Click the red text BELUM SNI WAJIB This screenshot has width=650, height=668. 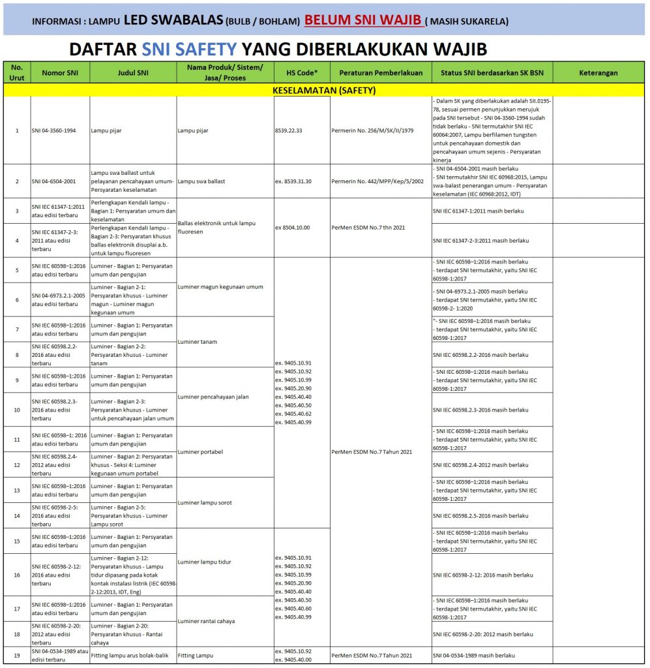click(x=362, y=20)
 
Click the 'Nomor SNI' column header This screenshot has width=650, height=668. click(x=60, y=73)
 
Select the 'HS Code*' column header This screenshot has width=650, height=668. click(x=302, y=73)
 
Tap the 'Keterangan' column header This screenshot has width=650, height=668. click(x=598, y=73)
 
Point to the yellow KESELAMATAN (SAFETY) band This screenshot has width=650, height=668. click(x=324, y=91)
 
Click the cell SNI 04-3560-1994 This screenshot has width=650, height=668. click(x=53, y=130)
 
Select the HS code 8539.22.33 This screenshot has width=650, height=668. click(x=289, y=130)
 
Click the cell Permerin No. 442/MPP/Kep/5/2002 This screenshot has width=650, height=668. click(x=374, y=181)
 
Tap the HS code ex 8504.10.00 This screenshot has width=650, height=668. click(x=292, y=227)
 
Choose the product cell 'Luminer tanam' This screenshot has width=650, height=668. click(x=199, y=342)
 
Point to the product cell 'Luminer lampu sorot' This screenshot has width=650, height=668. click(x=205, y=502)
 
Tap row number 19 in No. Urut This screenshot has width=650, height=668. click(x=17, y=655)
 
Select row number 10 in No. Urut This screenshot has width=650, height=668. click(x=17, y=410)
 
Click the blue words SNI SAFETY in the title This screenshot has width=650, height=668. click(x=187, y=50)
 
